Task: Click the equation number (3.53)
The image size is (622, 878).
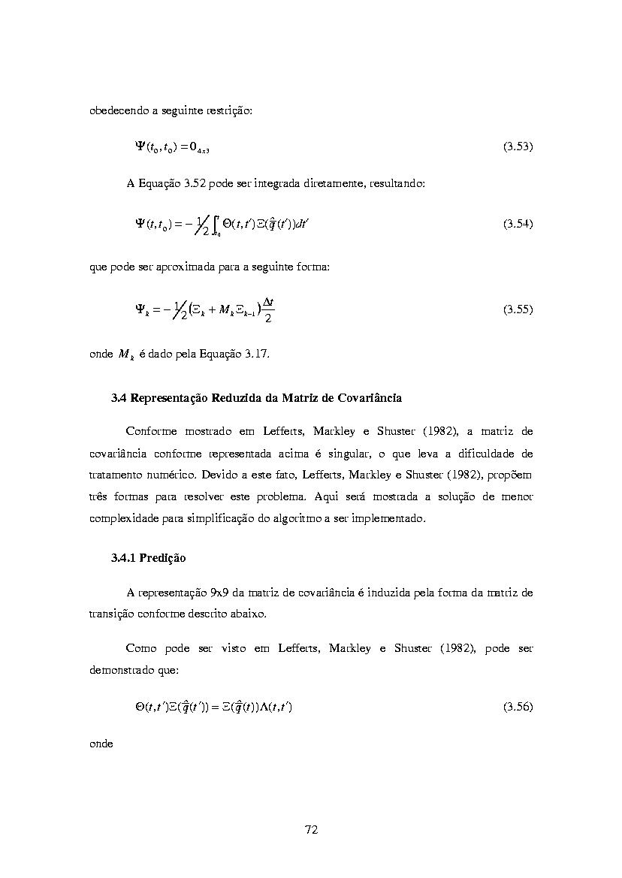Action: pyautogui.click(x=518, y=147)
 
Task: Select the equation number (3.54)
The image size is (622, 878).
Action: pyautogui.click(x=518, y=224)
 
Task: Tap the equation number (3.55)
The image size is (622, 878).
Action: pyautogui.click(x=518, y=309)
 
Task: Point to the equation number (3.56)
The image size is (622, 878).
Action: pyautogui.click(x=518, y=707)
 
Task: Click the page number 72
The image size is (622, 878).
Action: pyautogui.click(x=312, y=829)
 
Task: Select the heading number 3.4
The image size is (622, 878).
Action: pyautogui.click(x=119, y=397)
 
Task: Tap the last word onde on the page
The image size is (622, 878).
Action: pyautogui.click(x=101, y=744)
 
